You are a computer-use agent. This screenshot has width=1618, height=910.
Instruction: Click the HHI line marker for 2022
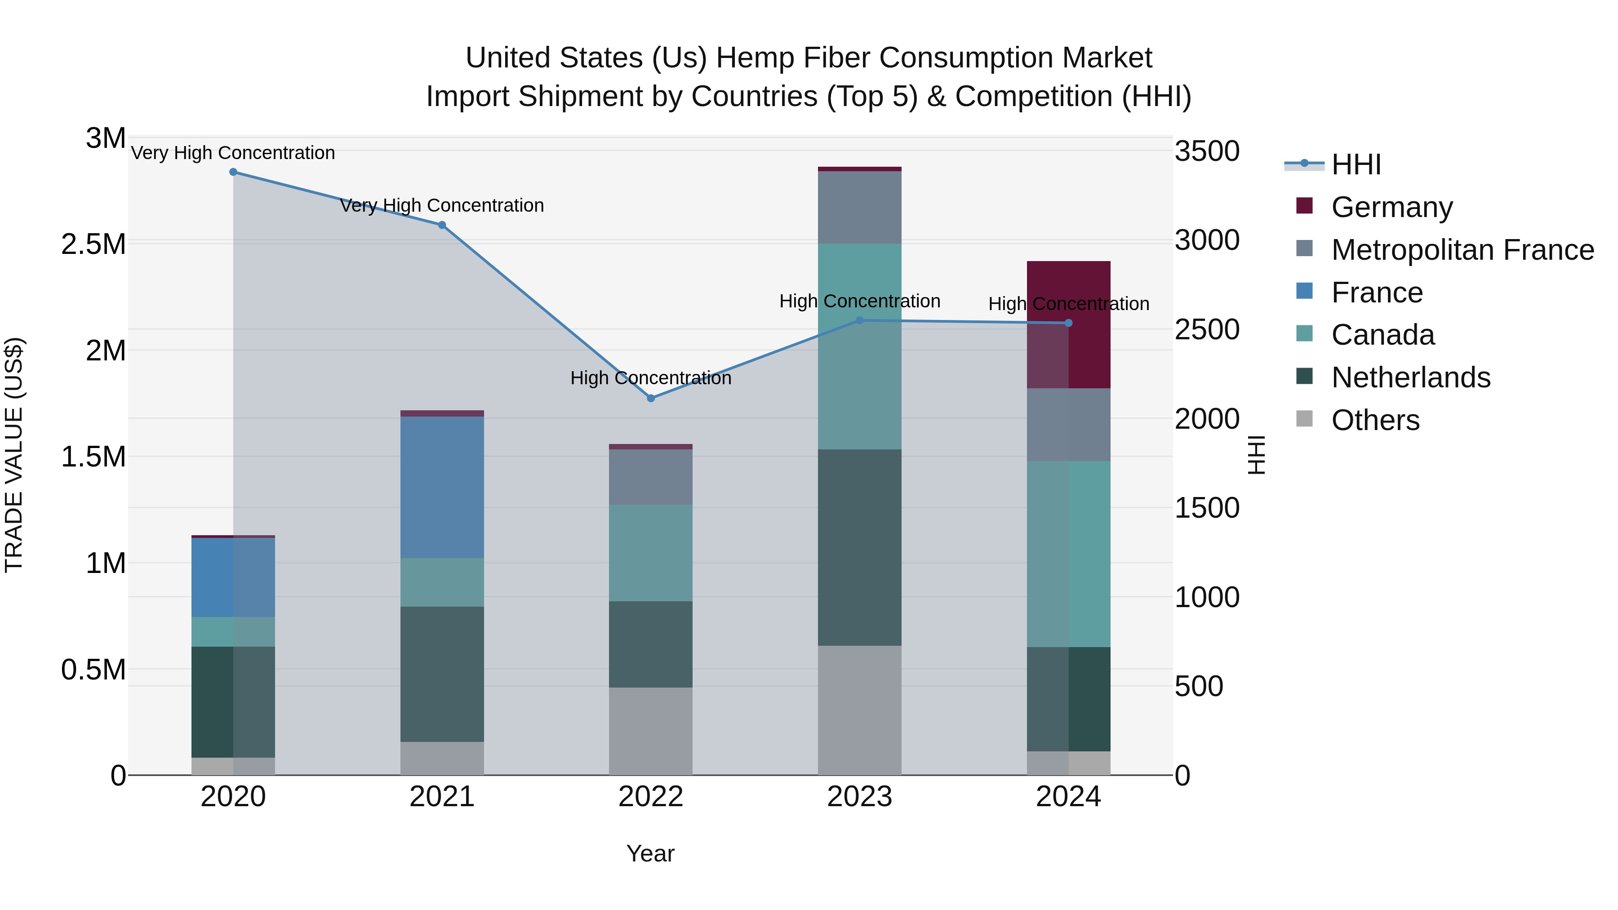click(651, 398)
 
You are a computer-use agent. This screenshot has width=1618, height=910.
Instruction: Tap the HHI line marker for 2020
click(233, 172)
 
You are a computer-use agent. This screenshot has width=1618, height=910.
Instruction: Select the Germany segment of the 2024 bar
click(1090, 324)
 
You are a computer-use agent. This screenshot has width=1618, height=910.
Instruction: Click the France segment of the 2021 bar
click(442, 487)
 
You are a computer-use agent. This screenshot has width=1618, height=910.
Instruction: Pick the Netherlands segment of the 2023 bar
click(859, 547)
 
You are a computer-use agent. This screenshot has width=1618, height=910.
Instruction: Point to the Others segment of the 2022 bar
click(651, 731)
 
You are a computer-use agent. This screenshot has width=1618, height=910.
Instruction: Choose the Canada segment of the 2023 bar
click(859, 346)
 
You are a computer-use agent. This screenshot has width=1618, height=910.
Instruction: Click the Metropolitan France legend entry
click(1462, 250)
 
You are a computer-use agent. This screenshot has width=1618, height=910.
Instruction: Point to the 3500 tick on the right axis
click(1207, 151)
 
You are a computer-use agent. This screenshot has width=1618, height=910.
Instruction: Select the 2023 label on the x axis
click(859, 797)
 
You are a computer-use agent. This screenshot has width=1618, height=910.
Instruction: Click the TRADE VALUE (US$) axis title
click(14, 455)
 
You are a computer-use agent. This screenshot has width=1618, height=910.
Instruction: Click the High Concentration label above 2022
click(651, 378)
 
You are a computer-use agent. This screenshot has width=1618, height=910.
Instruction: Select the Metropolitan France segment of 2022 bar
click(651, 477)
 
